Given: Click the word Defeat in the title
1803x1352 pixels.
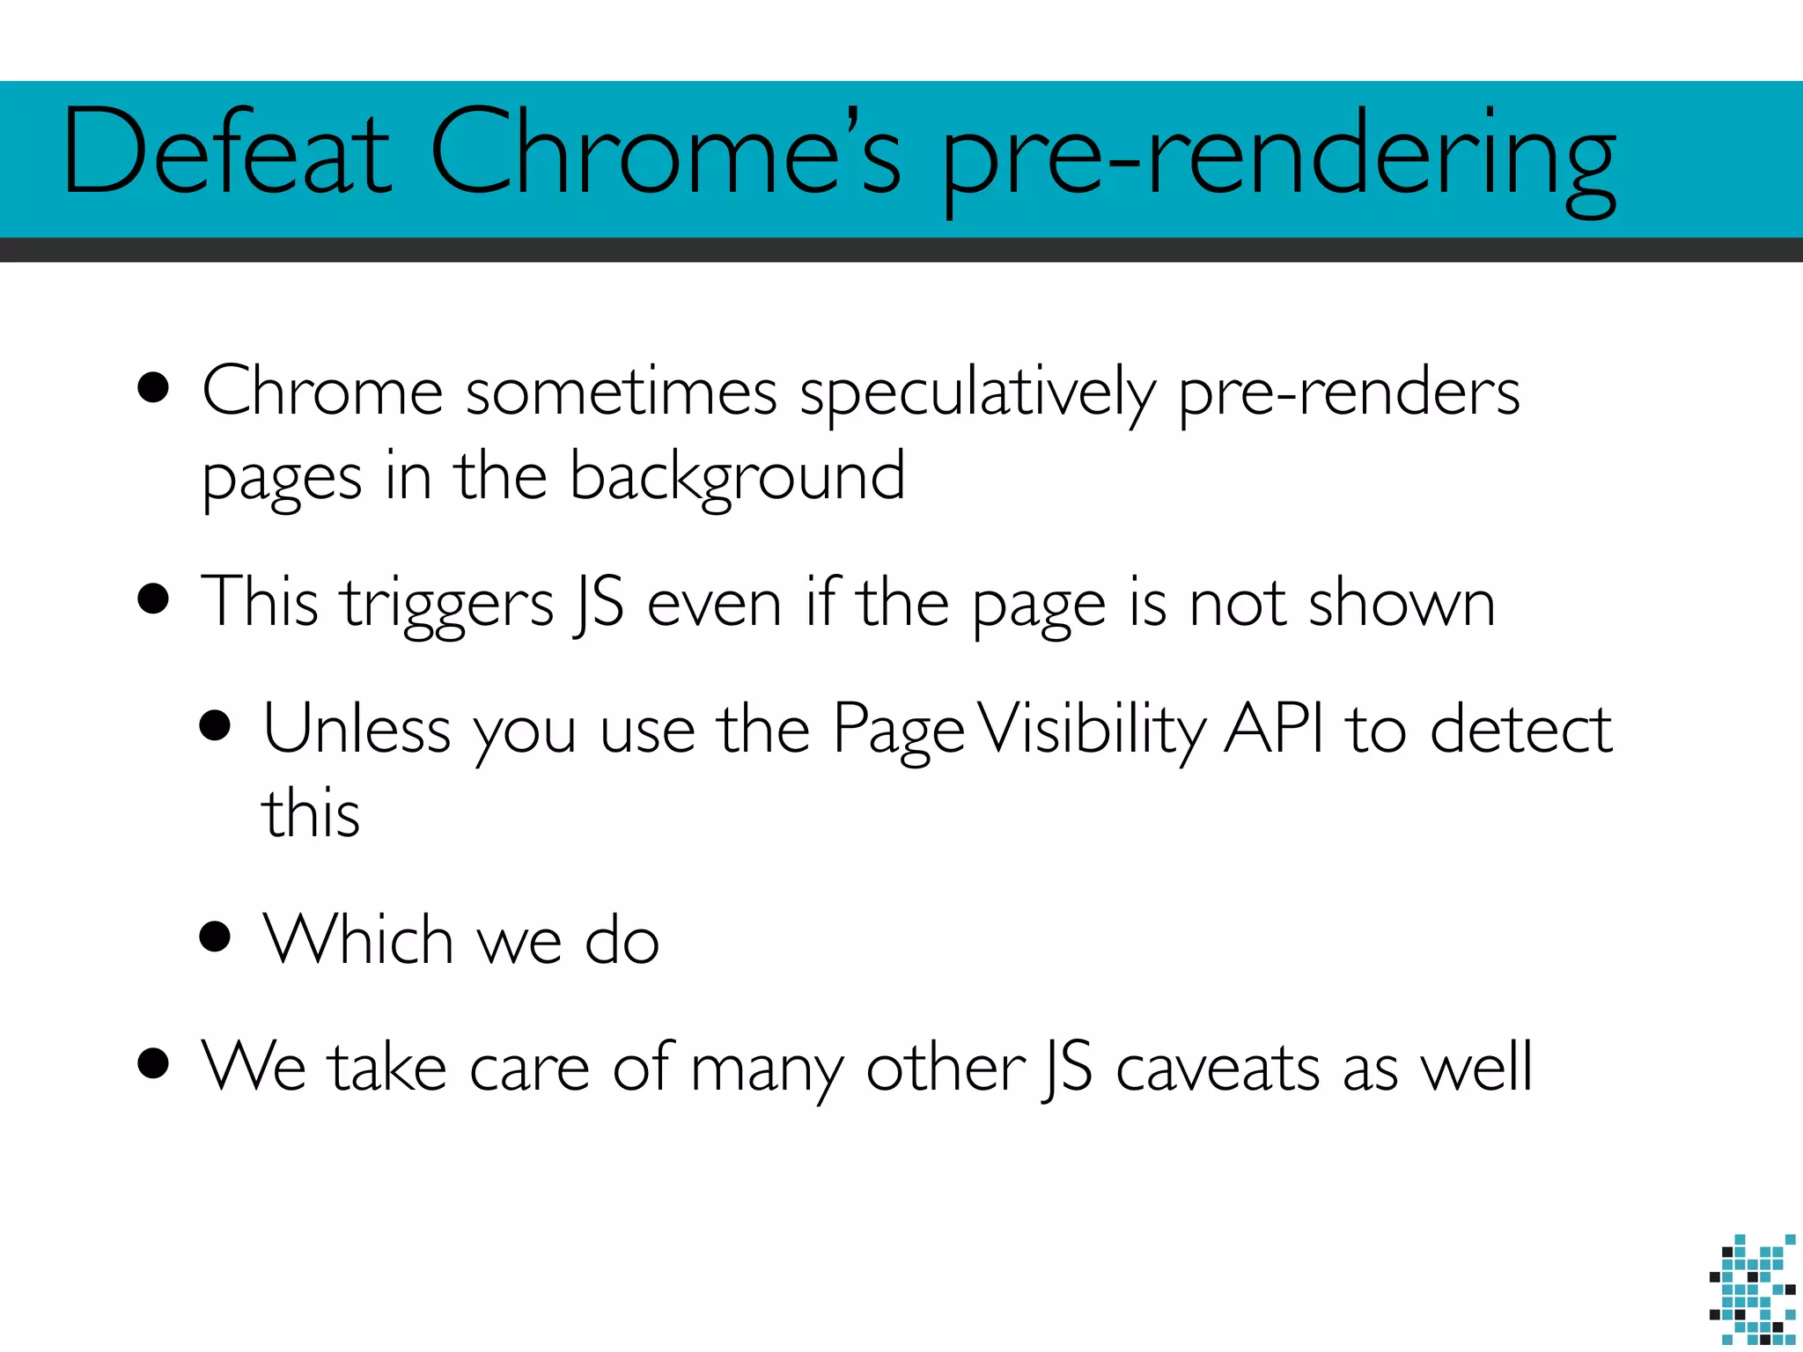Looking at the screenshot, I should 227,151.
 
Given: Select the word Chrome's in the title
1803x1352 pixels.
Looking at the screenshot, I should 666,151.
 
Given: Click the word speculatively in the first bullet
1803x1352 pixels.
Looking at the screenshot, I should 977,393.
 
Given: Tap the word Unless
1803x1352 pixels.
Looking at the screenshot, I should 357,729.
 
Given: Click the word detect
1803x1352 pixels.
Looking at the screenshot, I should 1520,729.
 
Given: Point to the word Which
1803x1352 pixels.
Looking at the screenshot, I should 358,939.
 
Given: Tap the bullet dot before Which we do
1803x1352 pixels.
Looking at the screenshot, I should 215,937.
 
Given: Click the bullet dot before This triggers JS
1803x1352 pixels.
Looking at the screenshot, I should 153,599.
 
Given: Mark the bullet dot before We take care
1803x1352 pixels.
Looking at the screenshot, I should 153,1063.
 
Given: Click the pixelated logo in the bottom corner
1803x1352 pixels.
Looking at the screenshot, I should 1752,1290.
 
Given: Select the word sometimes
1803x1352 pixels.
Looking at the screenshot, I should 621,392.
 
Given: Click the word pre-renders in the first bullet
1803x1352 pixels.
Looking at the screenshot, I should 1348,393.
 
